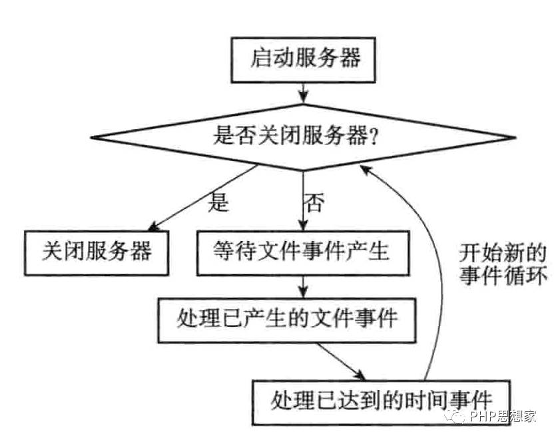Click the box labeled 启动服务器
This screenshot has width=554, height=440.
pos(303,60)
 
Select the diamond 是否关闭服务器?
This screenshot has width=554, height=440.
pos(303,137)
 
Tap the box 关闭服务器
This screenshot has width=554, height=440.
pos(96,253)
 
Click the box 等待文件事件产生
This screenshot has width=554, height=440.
pos(303,253)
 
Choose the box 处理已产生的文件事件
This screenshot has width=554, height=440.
pos(286,321)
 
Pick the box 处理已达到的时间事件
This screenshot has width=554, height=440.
pos(382,402)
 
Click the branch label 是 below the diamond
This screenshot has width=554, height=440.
pos(218,202)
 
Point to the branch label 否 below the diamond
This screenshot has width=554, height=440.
pos(314,202)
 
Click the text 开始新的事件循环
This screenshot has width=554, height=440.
pos(503,264)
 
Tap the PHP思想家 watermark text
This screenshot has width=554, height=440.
pos(503,416)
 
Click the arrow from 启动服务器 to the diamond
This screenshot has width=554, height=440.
pos(303,94)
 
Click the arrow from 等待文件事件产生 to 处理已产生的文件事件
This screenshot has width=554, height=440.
pos(303,287)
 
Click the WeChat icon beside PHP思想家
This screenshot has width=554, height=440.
pos(455,416)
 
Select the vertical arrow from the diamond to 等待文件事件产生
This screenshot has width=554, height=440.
pos(303,201)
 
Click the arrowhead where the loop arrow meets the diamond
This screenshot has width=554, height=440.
pos(365,170)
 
